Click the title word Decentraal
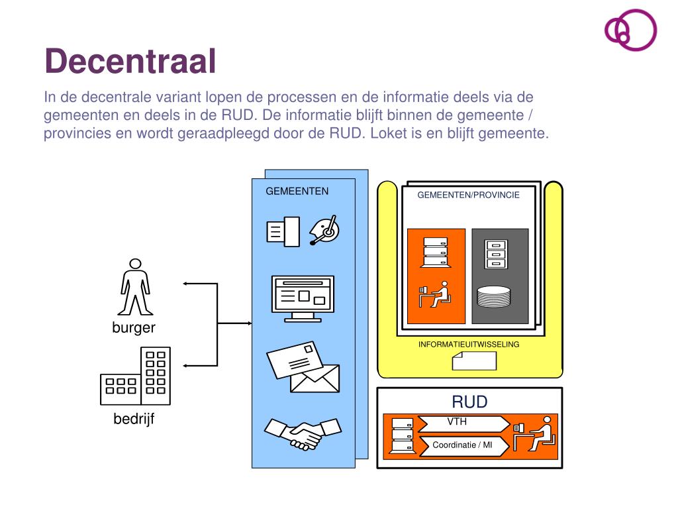(130, 62)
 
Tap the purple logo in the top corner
(630, 30)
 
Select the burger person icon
(134, 286)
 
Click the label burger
(134, 327)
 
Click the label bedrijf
(134, 419)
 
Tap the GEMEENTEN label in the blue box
(297, 192)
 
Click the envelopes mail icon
(303, 368)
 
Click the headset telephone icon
(324, 230)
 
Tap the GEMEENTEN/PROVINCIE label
(468, 196)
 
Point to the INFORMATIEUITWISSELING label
(469, 345)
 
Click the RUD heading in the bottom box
(469, 402)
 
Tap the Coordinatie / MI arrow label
(463, 446)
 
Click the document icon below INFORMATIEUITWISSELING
(474, 361)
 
